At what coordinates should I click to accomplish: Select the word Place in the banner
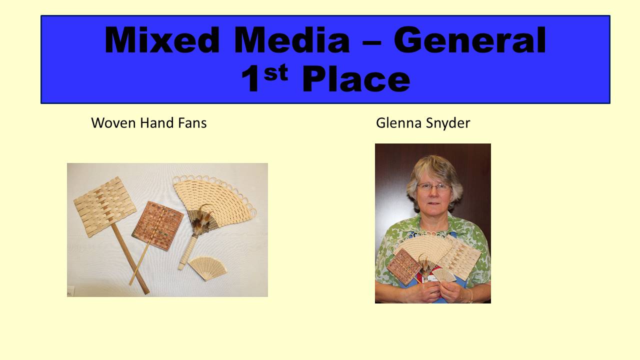(x=356, y=78)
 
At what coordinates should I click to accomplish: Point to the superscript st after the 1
(x=276, y=72)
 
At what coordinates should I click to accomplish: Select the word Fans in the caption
(x=192, y=123)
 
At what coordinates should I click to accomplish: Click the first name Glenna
(x=399, y=123)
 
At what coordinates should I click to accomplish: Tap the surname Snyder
(x=448, y=123)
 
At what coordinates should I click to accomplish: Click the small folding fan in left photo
(x=207, y=268)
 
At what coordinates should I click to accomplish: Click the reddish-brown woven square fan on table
(x=157, y=225)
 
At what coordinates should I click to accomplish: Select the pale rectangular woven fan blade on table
(x=105, y=207)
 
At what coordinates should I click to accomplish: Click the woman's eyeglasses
(x=433, y=187)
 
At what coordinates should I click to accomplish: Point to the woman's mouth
(x=433, y=203)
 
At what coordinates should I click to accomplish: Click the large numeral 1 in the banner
(x=250, y=78)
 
